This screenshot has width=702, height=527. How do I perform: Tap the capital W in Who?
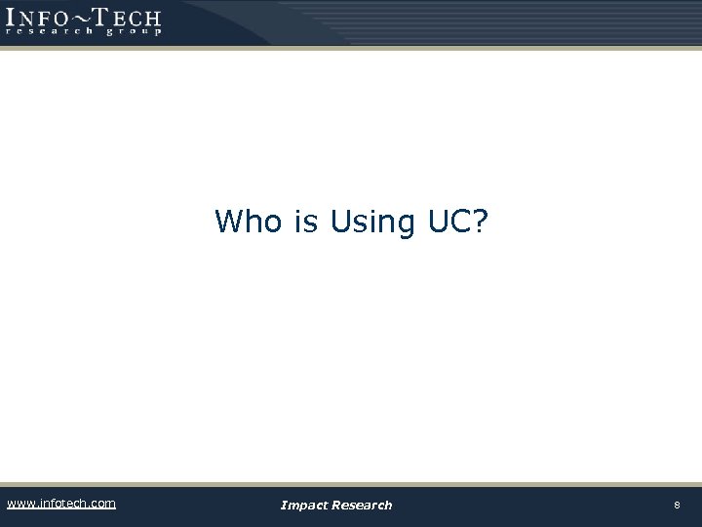click(231, 222)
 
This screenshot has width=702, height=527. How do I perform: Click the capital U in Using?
click(340, 222)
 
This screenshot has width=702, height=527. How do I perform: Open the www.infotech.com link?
click(60, 504)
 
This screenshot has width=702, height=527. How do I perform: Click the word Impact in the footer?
click(305, 505)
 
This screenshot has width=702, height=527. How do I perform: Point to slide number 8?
click(676, 505)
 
